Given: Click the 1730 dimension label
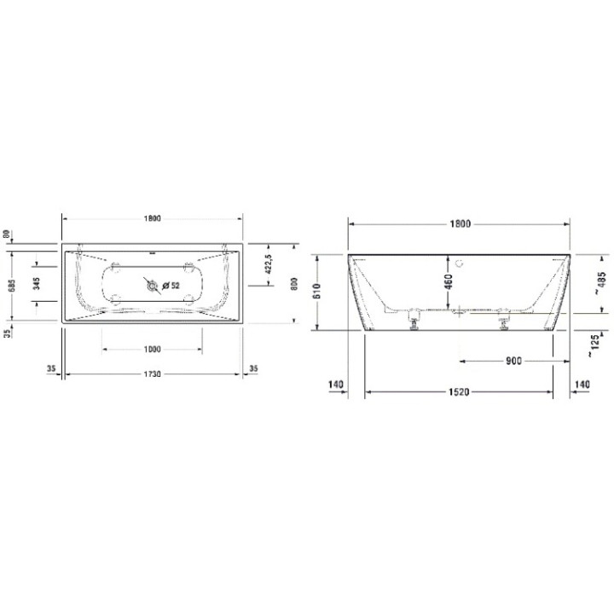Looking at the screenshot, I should [153, 374].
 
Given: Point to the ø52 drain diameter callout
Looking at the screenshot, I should [171, 286].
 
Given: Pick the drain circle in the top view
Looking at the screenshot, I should [152, 287].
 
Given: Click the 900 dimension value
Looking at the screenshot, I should [512, 361].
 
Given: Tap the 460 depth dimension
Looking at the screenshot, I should [448, 281].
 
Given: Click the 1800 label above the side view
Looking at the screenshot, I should [460, 223].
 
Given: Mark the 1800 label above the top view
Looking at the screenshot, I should [153, 218].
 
